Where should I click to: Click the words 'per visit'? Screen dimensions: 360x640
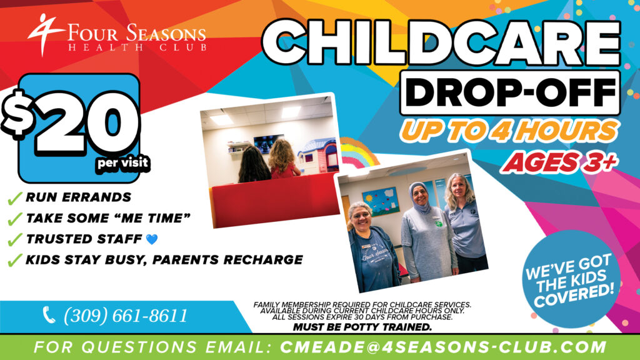coord(122,164)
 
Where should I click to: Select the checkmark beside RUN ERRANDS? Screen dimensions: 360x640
coord(14,199)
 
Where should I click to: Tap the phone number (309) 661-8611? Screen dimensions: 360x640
coord(125,316)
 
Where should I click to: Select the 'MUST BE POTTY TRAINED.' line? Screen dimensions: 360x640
coord(362,327)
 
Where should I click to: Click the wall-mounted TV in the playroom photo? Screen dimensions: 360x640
coord(268,143)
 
